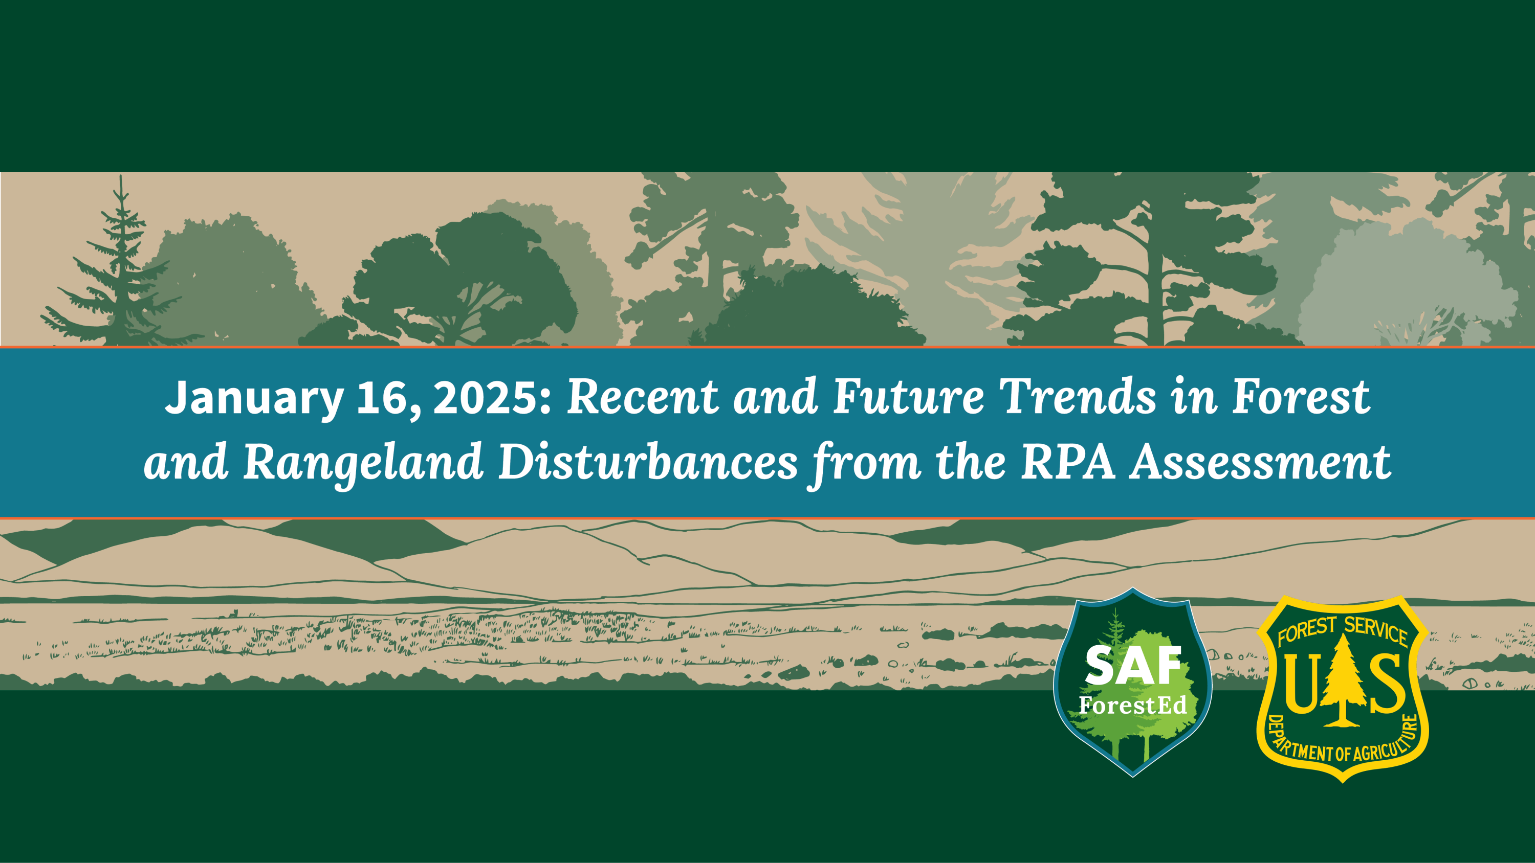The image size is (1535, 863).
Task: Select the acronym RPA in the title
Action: pyautogui.click(x=1067, y=462)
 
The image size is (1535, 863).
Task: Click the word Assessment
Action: pyautogui.click(x=1260, y=462)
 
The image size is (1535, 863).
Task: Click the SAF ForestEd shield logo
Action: pyautogui.click(x=1133, y=683)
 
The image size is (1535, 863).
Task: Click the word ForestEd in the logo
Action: pyautogui.click(x=1133, y=705)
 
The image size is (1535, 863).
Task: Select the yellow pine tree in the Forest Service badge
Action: pyautogui.click(x=1342, y=680)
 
